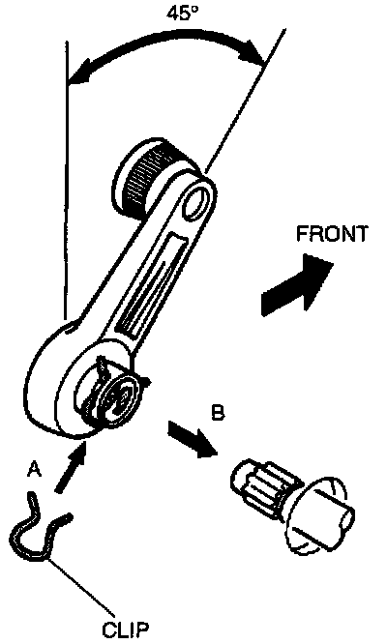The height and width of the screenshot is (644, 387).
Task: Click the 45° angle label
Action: (182, 13)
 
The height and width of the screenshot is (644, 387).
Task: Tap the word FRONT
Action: (332, 234)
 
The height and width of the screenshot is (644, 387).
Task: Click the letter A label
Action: (35, 469)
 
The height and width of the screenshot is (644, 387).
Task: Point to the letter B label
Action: (218, 412)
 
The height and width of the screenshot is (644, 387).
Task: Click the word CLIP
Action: (126, 629)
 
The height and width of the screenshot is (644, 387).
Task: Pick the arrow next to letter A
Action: (70, 467)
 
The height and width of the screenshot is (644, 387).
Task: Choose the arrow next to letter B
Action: (192, 438)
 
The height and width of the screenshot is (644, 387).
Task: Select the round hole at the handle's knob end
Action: (198, 202)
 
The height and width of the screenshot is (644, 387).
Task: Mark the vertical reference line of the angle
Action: (66, 181)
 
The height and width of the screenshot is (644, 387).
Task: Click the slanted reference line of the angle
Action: (245, 100)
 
